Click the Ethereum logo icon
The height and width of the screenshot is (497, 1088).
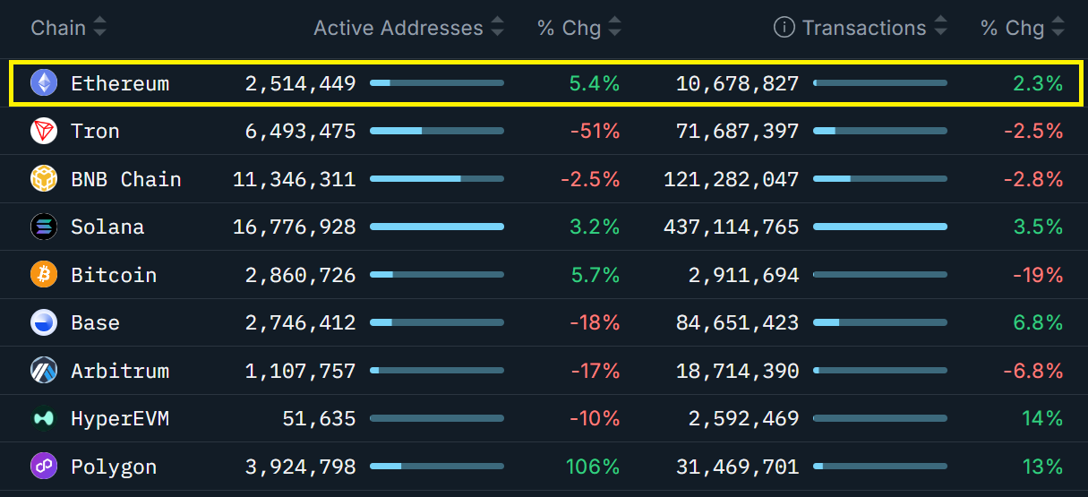click(x=43, y=83)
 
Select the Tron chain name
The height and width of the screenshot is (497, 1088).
click(x=95, y=132)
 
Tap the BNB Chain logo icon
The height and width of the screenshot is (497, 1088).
click(x=43, y=179)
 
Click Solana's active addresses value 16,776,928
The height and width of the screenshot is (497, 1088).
click(x=294, y=227)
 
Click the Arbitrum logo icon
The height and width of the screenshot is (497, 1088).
click(x=43, y=371)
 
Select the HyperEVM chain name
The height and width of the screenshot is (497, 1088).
click(x=120, y=419)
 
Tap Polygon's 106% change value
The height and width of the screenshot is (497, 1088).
click(x=592, y=467)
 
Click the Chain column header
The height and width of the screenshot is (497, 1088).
click(x=58, y=28)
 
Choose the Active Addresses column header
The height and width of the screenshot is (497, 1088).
click(x=398, y=28)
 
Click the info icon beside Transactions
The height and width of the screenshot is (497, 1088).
click(x=784, y=28)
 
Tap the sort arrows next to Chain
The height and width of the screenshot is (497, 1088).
click(x=99, y=28)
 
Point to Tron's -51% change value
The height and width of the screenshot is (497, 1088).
click(x=595, y=132)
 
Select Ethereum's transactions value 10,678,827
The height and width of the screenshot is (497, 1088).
click(x=738, y=83)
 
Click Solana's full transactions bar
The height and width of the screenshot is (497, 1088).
click(x=879, y=227)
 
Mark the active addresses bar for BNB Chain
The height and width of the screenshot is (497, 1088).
click(x=436, y=179)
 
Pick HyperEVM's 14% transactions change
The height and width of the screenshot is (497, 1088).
click(x=1041, y=419)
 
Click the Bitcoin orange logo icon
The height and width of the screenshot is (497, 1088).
click(x=43, y=275)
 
